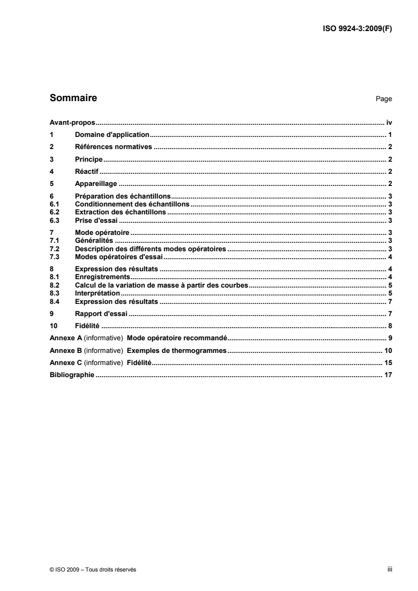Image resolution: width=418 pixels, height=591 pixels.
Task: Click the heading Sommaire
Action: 73,97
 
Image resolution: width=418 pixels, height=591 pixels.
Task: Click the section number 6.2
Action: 53,212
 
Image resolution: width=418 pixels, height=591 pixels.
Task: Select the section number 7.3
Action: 53,257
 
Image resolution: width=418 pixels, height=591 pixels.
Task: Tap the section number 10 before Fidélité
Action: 53,326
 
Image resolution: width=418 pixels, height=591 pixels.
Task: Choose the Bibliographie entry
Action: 72,375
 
